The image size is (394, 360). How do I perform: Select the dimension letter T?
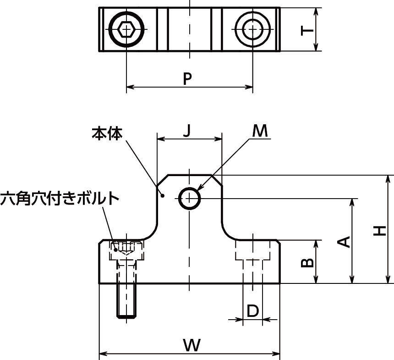pos(307,30)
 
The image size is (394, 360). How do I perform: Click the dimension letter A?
pos(345,241)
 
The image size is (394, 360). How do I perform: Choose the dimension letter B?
pos(307,262)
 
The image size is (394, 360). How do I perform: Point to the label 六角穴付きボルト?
pos(60,199)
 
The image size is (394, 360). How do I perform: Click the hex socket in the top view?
pos(126,30)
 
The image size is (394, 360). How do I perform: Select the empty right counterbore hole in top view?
pos(252,30)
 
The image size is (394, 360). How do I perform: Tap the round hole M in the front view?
pos(189,199)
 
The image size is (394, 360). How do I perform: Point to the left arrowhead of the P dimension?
pos(130,86)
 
